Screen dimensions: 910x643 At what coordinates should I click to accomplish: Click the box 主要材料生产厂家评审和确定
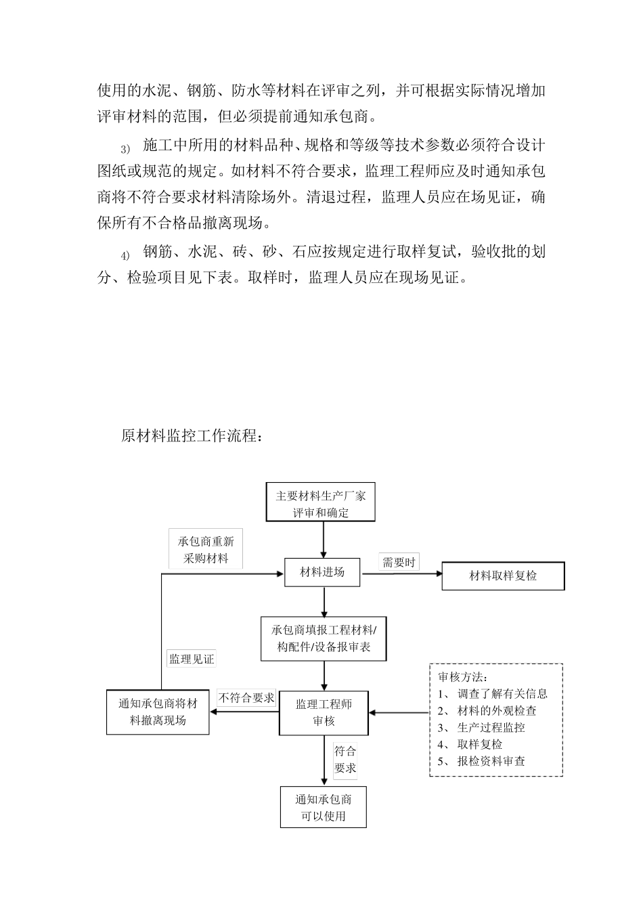321,504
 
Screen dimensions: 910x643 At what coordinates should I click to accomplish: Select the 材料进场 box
322,572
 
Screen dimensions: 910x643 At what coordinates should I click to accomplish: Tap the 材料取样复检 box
503,576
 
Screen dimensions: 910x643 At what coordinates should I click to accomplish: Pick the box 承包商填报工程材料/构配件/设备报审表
324,638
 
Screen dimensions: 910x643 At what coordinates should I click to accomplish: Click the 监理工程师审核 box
324,712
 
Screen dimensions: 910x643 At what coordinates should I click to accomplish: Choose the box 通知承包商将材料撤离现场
158,712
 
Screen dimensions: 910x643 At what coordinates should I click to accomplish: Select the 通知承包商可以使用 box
324,807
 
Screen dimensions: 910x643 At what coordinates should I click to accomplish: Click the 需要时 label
399,562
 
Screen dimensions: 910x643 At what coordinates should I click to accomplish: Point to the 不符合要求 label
246,697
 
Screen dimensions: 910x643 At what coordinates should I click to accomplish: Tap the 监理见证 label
192,659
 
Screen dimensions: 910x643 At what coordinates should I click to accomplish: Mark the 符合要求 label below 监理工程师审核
345,760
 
